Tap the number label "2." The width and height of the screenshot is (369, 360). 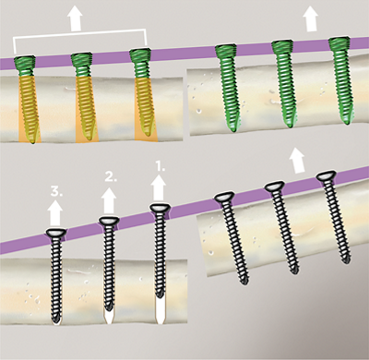point(112,175)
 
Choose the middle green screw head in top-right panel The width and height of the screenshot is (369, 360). point(283,46)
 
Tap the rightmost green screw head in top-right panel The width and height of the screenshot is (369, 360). point(339,42)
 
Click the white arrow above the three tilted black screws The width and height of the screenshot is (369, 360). point(299,160)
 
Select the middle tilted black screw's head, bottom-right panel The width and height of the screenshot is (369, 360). point(274,187)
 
